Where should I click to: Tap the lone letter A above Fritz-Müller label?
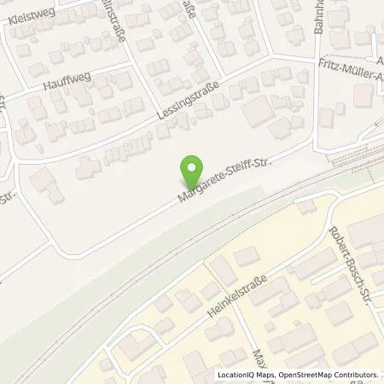[x=379, y=61]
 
